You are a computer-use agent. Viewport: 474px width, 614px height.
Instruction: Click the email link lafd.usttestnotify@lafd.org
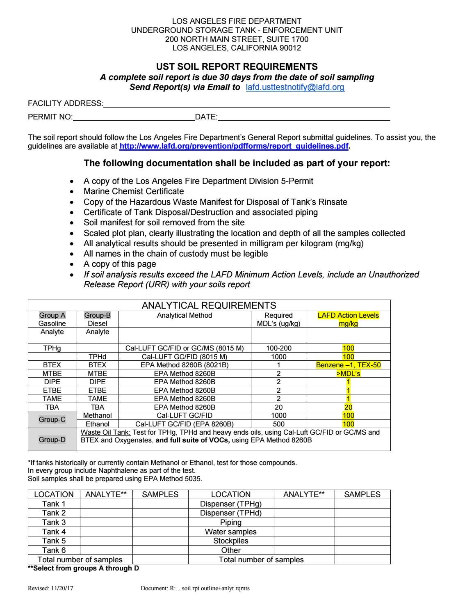(x=295, y=87)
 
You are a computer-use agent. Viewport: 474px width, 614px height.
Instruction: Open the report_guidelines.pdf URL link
(x=234, y=146)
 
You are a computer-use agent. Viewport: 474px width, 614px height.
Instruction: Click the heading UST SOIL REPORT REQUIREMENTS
(x=237, y=66)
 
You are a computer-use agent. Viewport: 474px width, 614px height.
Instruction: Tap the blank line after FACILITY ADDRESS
(x=246, y=104)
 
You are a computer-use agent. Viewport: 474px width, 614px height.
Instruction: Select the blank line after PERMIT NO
(x=133, y=117)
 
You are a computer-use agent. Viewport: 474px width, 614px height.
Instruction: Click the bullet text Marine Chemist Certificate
(x=134, y=191)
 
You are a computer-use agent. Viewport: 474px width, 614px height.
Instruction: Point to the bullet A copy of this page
(x=120, y=264)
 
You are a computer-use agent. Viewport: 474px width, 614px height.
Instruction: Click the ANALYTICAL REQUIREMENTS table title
(x=209, y=305)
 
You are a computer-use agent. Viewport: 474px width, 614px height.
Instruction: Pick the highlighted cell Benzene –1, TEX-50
(x=348, y=365)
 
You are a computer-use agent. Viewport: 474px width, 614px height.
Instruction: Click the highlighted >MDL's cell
(x=348, y=373)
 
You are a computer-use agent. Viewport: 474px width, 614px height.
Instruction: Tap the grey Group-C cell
(x=52, y=420)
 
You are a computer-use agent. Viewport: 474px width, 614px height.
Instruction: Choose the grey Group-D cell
(x=52, y=440)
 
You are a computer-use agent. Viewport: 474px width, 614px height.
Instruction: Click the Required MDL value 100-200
(x=278, y=348)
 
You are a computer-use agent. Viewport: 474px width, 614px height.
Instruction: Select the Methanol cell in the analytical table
(x=97, y=415)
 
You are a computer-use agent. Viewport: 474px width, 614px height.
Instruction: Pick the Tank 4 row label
(x=54, y=532)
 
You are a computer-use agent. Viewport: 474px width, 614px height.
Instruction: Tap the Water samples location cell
(x=230, y=532)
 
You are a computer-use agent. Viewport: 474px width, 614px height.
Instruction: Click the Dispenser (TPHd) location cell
(x=230, y=513)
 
